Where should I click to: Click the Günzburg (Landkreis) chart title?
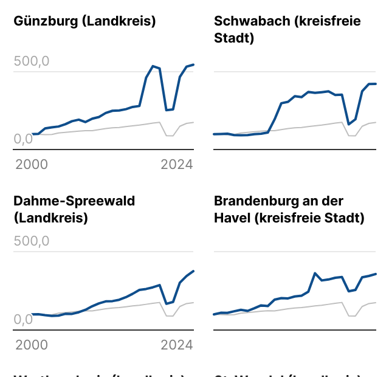(84, 21)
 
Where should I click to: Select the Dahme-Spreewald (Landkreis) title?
(74, 209)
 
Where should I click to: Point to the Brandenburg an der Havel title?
(289, 209)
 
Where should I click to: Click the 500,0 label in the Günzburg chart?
(32, 61)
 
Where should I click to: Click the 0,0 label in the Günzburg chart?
(23, 139)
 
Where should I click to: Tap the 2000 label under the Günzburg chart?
(32, 165)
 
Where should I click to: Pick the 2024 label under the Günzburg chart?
(176, 165)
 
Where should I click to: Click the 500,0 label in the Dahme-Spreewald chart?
(32, 241)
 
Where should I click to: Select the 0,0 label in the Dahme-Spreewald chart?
(23, 318)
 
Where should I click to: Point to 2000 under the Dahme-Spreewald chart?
(32, 345)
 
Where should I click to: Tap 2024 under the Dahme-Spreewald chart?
(176, 345)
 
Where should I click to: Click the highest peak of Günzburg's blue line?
(153, 66)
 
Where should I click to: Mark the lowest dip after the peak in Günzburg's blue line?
(167, 110)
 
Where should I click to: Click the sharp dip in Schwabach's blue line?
(349, 124)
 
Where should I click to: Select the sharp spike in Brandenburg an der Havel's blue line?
(315, 274)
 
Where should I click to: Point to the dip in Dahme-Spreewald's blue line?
(167, 303)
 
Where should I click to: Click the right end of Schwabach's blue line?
(376, 84)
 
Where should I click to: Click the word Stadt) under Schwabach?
(233, 38)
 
